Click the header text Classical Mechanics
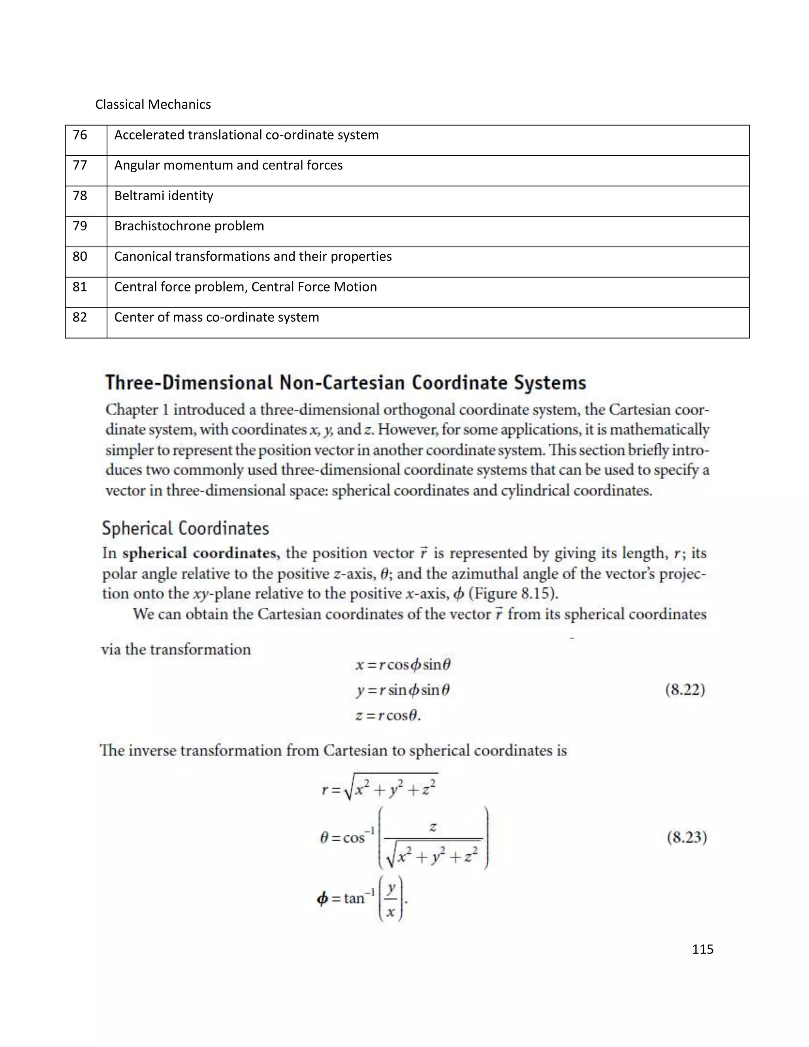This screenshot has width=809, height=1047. (x=153, y=105)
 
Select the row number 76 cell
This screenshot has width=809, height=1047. (x=80, y=135)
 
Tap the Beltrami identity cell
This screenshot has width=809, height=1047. (x=164, y=196)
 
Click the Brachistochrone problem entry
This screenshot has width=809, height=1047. (x=189, y=226)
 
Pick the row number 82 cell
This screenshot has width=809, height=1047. (x=80, y=317)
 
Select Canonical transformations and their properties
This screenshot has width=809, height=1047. (x=252, y=256)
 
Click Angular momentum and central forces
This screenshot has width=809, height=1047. (x=228, y=166)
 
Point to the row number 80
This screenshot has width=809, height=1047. (x=80, y=256)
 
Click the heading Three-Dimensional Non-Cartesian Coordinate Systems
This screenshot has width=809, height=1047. (x=346, y=383)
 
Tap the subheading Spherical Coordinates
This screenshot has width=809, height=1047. (x=186, y=528)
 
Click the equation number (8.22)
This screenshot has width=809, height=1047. (x=685, y=690)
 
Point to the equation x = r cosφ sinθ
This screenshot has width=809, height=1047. (x=403, y=665)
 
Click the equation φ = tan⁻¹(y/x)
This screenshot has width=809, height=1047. (x=362, y=898)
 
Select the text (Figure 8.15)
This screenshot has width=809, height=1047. (x=513, y=594)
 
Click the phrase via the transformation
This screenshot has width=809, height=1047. (x=176, y=650)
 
